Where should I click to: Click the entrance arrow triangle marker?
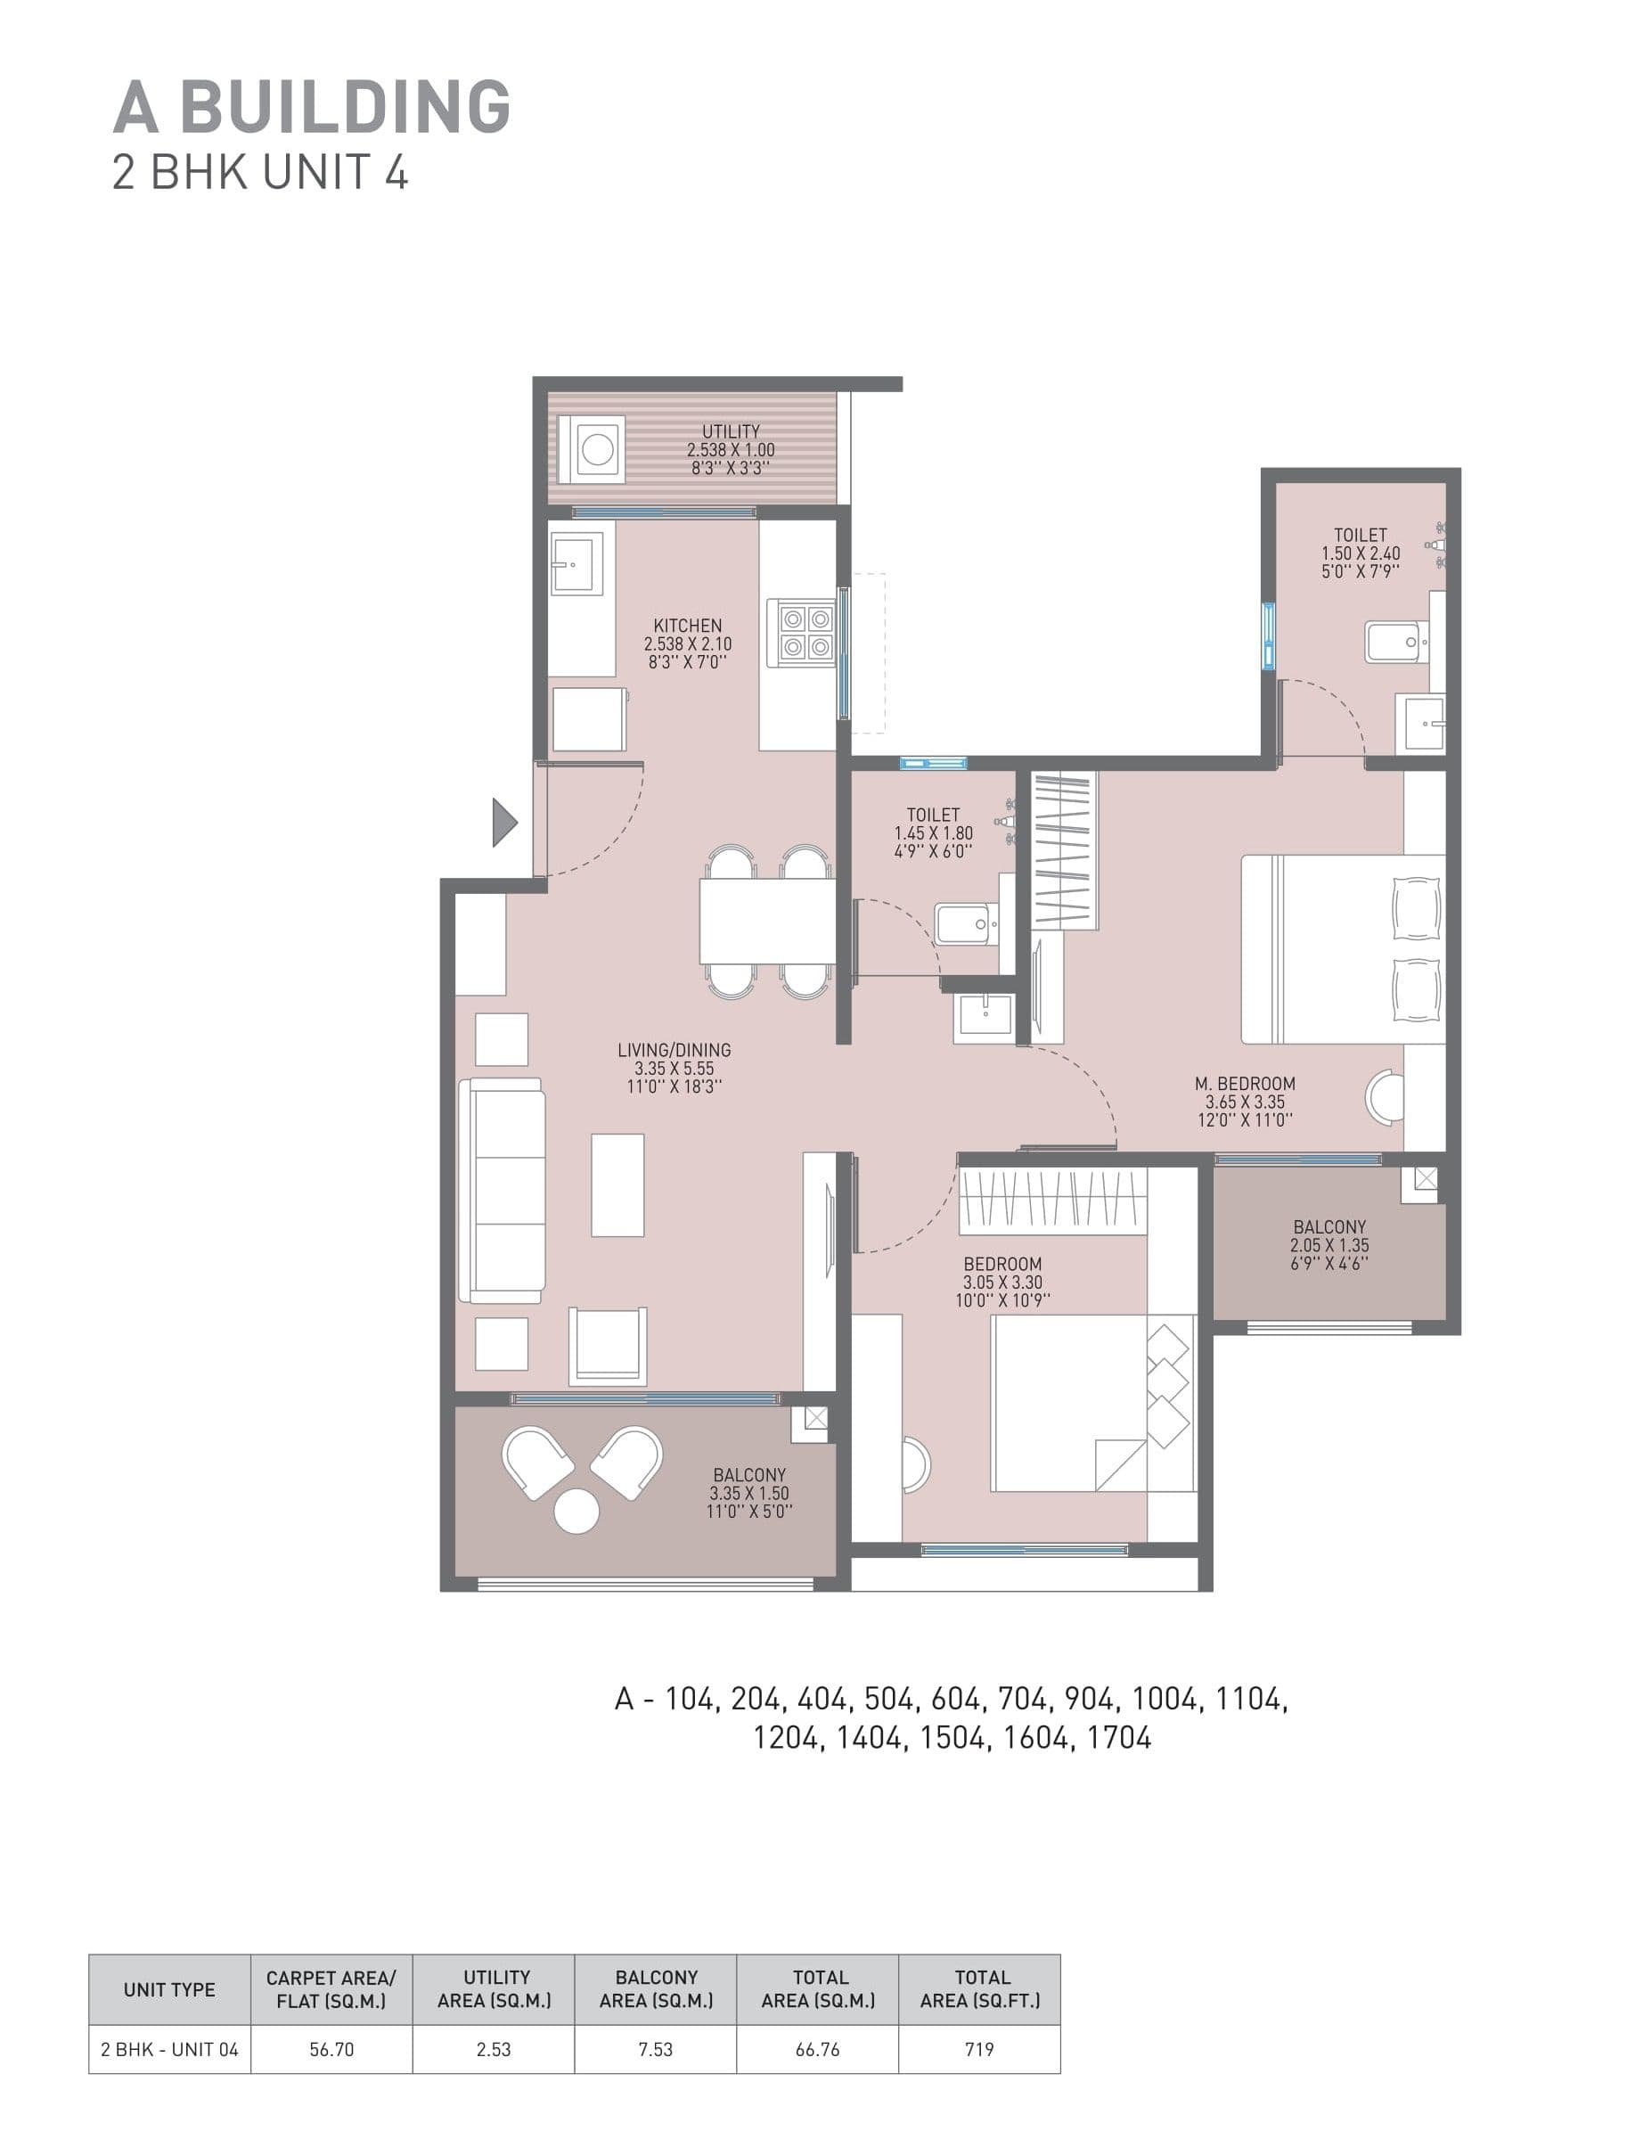coord(503,823)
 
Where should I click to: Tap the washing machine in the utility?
coord(597,448)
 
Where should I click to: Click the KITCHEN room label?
coord(687,626)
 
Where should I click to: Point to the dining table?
coord(767,920)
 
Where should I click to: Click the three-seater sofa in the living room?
coord(503,1191)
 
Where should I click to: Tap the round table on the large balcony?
coord(576,1512)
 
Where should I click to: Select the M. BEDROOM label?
coord(1245,1083)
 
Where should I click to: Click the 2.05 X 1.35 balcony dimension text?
coord(1329,1246)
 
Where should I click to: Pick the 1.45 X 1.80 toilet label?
coord(933,833)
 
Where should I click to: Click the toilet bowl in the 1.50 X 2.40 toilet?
coord(1395,641)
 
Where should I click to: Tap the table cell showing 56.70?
coord(331,2050)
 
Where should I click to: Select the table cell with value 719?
coord(979,2050)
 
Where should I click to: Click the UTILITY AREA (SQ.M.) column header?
coord(494,1988)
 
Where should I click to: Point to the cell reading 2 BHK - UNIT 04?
coord(169,2050)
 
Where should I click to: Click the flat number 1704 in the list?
coord(1118,1738)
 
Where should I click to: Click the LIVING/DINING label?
coord(674,1049)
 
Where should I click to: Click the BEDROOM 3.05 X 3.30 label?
coord(1002,1264)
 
